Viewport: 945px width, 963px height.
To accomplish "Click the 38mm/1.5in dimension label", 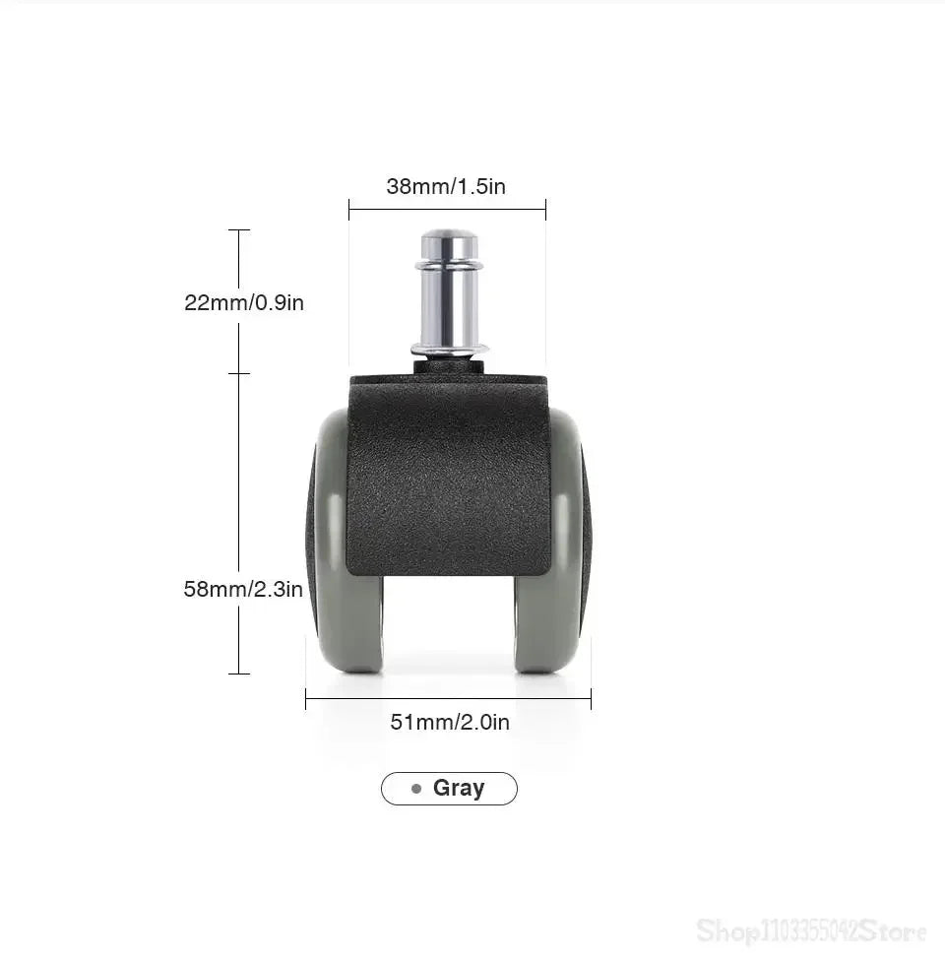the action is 446,186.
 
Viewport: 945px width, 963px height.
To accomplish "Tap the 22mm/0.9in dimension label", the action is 244,302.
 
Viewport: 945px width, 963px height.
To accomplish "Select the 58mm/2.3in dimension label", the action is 243,589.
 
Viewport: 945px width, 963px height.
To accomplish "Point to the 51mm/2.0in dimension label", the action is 450,722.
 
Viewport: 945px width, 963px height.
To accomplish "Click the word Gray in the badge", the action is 459,788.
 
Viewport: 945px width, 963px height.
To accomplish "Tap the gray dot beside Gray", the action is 416,789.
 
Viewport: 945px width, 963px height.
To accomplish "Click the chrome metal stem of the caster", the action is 449,293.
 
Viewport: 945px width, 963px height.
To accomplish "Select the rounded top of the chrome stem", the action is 450,237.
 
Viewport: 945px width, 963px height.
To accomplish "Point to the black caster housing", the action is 448,473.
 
